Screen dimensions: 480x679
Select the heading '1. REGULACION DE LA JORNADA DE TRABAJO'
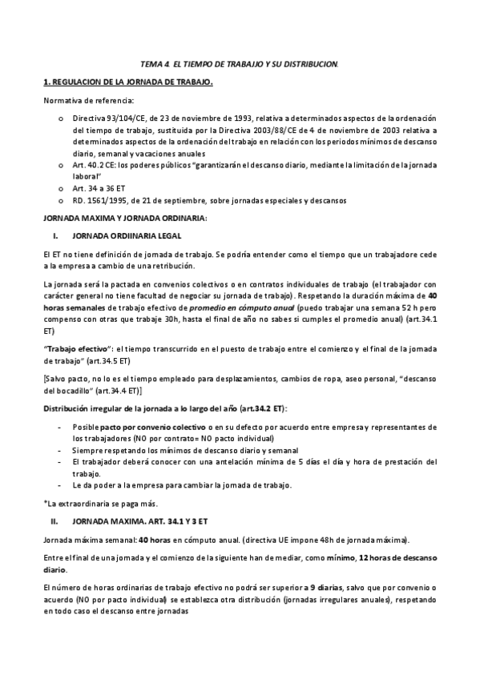click(127, 82)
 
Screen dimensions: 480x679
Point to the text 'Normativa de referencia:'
click(89, 100)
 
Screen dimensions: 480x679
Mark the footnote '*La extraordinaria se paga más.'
click(100, 503)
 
